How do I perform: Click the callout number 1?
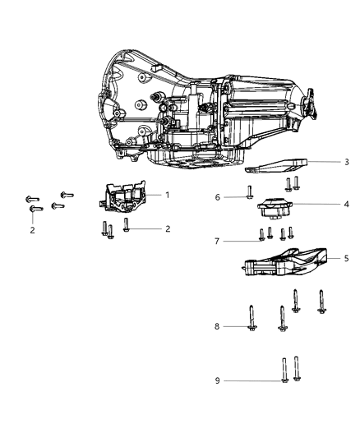point(167,195)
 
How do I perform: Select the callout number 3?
point(347,162)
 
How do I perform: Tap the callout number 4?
point(347,205)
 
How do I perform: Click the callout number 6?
point(219,197)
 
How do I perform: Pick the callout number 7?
point(219,241)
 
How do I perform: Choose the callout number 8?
point(219,326)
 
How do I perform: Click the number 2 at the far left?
point(32,231)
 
